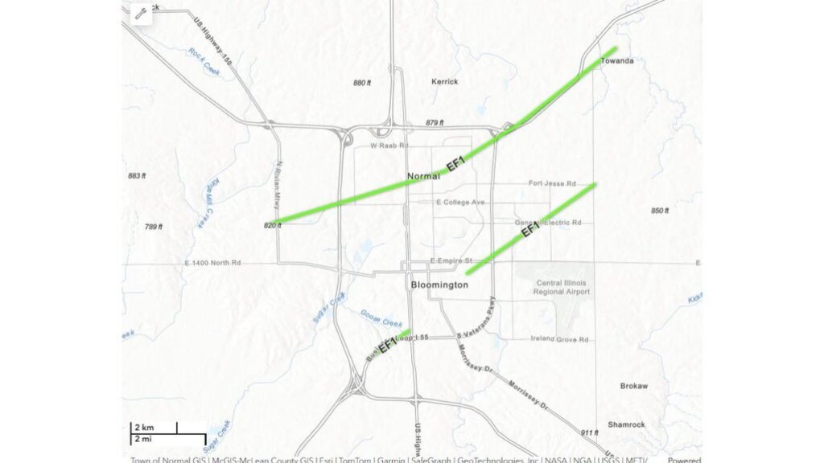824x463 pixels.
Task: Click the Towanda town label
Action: click(618, 60)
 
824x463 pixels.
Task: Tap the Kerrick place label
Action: click(444, 81)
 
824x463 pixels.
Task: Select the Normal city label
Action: click(423, 176)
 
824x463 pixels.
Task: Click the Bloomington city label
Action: click(439, 285)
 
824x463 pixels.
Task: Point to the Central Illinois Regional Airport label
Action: click(561, 287)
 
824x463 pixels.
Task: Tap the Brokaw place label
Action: click(634, 386)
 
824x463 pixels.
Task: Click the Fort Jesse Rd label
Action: click(552, 183)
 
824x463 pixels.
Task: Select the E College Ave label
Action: click(459, 202)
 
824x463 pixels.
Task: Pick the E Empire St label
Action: click(451, 260)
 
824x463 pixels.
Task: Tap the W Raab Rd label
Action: click(389, 145)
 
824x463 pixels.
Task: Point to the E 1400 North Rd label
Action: click(212, 263)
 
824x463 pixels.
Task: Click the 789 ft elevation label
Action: click(154, 227)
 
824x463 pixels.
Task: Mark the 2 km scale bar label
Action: click(144, 427)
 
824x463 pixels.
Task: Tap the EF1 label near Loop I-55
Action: click(388, 346)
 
